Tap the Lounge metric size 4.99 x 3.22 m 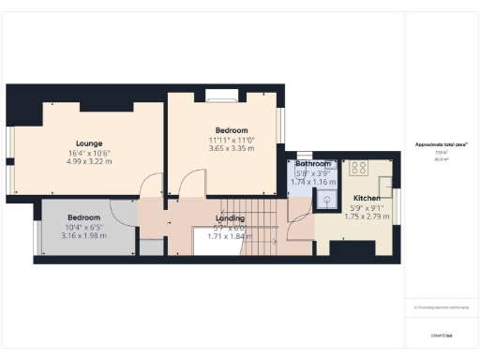point(89,161)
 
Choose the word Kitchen point(367,198)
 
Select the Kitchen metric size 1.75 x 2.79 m point(367,215)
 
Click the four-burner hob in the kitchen point(358,169)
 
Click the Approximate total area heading point(442,144)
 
